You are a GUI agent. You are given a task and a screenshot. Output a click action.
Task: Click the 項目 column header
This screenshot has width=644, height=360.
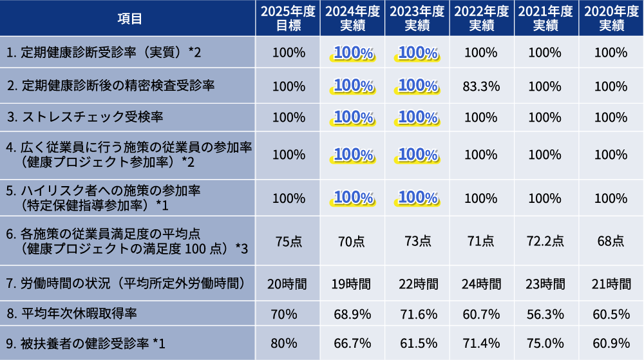(128, 18)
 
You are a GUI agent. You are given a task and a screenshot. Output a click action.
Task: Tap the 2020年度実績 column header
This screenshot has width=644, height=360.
(611, 18)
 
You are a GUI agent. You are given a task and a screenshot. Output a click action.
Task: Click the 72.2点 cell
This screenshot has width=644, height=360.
(546, 241)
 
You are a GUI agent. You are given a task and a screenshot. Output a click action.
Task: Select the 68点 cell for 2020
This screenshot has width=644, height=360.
(611, 241)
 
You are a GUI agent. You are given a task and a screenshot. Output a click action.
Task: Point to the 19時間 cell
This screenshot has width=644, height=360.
(353, 283)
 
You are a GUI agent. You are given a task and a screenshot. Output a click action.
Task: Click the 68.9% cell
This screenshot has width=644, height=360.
(353, 314)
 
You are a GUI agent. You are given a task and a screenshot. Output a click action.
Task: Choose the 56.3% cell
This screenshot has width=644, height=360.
(546, 314)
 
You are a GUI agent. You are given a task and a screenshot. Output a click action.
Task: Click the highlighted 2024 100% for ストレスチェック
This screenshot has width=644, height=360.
(353, 117)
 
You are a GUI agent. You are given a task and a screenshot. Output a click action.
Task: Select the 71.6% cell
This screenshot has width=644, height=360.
(417, 314)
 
